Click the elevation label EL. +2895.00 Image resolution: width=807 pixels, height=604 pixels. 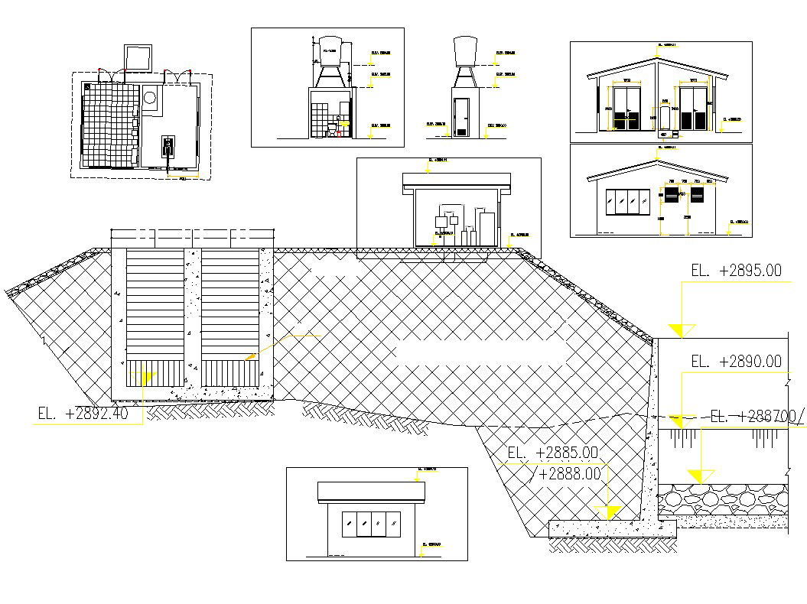[x=736, y=270]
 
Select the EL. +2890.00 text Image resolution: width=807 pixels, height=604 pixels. [x=736, y=362]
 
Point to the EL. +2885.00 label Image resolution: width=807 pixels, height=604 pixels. [x=552, y=453]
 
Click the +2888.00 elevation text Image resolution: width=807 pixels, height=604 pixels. [x=570, y=474]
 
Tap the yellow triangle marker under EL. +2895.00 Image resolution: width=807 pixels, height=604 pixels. [x=680, y=330]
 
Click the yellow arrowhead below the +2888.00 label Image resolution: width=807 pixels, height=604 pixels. [x=612, y=511]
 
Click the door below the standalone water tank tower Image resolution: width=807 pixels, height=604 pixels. [x=460, y=118]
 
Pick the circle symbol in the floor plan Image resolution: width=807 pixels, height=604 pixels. [x=150, y=98]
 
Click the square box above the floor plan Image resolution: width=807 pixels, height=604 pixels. [x=138, y=58]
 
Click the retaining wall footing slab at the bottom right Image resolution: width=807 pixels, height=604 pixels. [x=612, y=527]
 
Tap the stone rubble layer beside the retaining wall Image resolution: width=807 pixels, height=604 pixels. [x=723, y=502]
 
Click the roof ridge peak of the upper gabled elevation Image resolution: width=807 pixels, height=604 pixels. [x=657, y=57]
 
